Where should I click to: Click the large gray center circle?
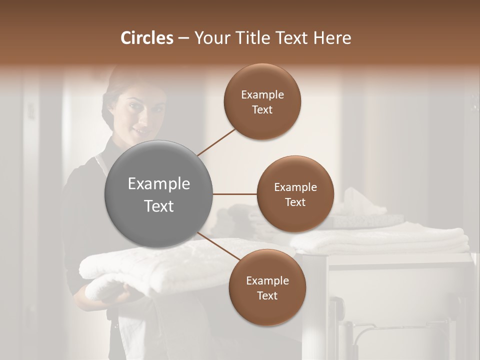point(158,194)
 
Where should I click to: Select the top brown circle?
point(262,102)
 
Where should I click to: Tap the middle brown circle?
point(295,194)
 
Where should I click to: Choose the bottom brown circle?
point(267,288)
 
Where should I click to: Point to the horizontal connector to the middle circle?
point(235,194)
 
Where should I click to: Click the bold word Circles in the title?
point(147,38)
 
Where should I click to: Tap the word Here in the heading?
point(332,38)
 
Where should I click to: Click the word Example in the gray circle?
point(158,184)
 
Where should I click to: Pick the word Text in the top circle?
point(262,110)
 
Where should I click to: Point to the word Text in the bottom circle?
point(267,296)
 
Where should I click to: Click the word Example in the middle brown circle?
point(295,187)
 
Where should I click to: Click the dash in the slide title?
point(183,38)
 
